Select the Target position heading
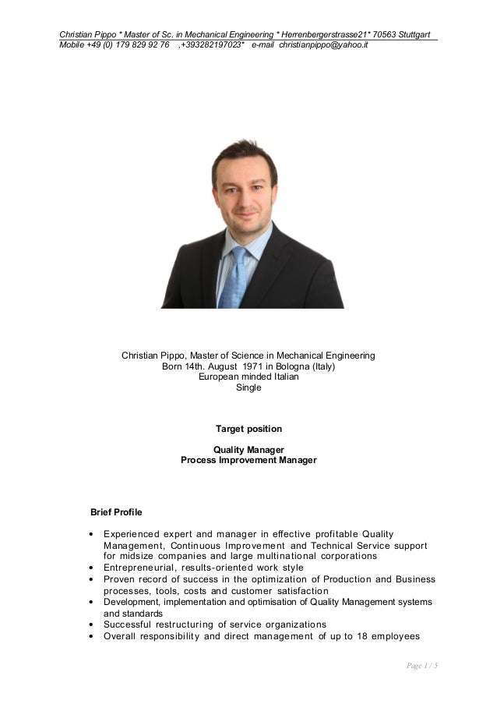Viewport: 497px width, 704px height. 248,429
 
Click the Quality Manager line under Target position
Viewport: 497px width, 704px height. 248,450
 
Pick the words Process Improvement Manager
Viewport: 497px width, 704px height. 248,460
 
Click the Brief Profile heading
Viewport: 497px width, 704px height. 116,512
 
